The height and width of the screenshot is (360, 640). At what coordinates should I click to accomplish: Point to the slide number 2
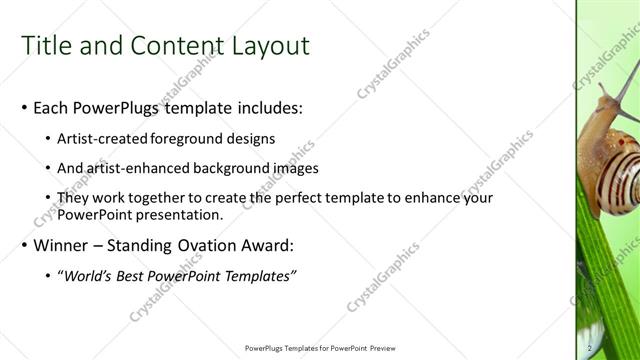(591, 348)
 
